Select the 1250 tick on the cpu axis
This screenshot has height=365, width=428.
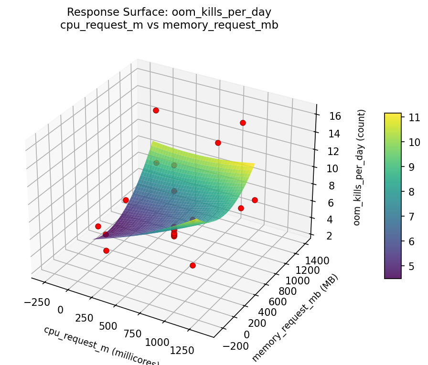point(182,350)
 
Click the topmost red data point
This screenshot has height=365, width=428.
point(156,110)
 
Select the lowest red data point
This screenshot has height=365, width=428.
point(193,265)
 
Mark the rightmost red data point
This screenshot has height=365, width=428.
point(255,200)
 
